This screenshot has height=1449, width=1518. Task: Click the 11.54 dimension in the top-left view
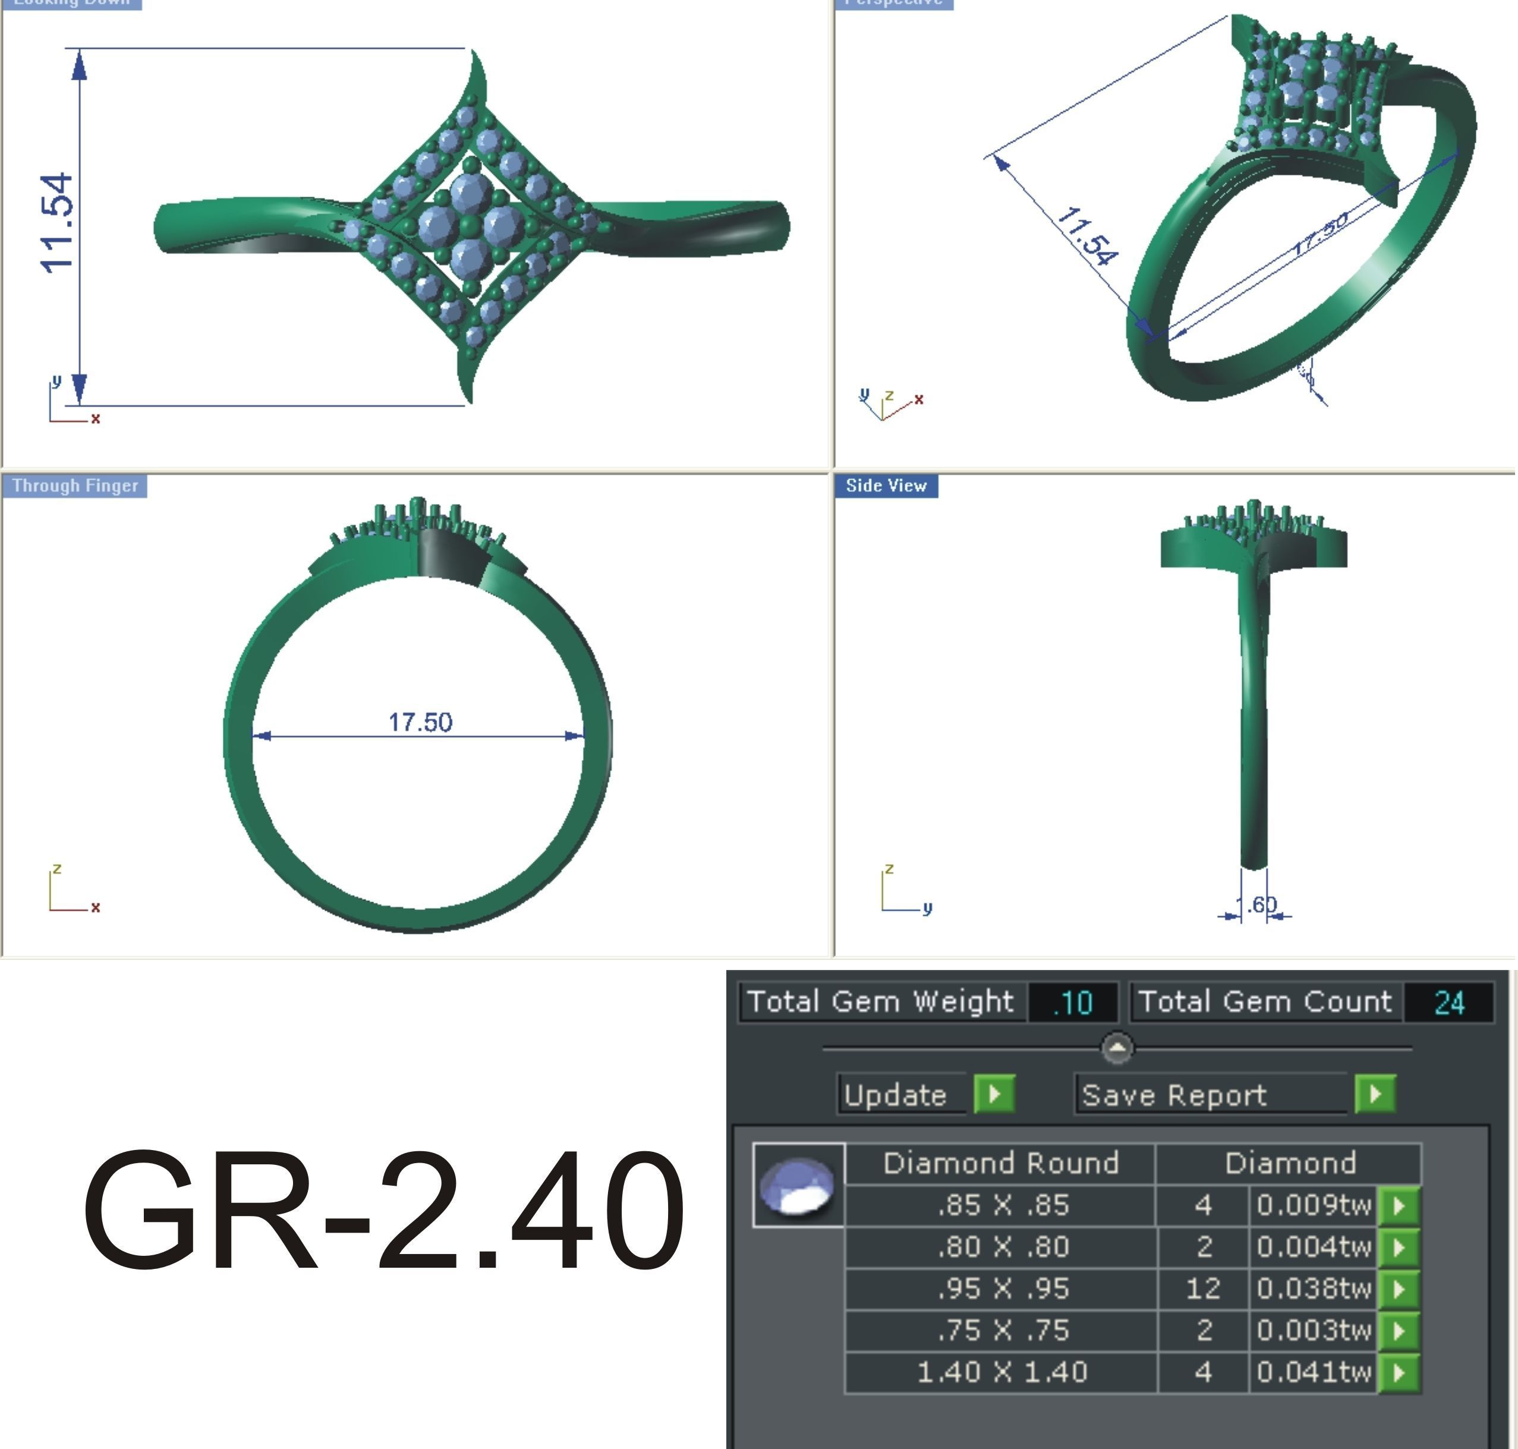pyautogui.click(x=58, y=224)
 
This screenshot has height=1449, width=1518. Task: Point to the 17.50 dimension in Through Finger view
pyautogui.click(x=420, y=722)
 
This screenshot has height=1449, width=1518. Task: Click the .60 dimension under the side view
pyautogui.click(x=1257, y=905)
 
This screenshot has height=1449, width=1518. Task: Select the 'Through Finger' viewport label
pyautogui.click(x=74, y=486)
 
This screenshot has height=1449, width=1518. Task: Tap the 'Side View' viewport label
pyautogui.click(x=886, y=486)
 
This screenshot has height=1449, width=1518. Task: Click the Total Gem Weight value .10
pyautogui.click(x=1072, y=1003)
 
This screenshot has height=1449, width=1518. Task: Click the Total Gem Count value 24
pyautogui.click(x=1448, y=1003)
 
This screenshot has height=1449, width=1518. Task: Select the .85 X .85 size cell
pyautogui.click(x=1002, y=1205)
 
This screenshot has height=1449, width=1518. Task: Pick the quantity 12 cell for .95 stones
pyautogui.click(x=1203, y=1289)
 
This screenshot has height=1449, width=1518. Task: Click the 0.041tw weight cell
pyautogui.click(x=1314, y=1372)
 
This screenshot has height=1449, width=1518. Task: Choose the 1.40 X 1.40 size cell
pyautogui.click(x=1002, y=1372)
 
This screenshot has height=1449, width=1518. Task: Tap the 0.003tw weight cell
pyautogui.click(x=1314, y=1330)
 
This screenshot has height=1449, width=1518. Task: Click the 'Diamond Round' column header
pyautogui.click(x=1000, y=1163)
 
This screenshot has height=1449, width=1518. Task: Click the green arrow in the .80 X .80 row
pyautogui.click(x=1399, y=1247)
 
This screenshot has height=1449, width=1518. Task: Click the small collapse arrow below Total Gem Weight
pyautogui.click(x=1117, y=1048)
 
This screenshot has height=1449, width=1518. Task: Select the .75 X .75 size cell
pyautogui.click(x=1002, y=1330)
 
